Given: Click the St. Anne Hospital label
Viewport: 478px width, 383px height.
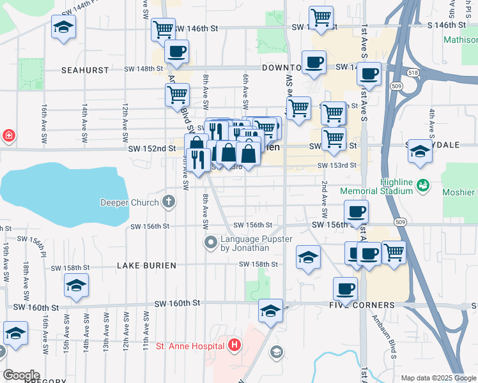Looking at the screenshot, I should pos(190,346).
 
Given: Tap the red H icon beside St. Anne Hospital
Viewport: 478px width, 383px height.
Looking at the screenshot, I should pos(235,346).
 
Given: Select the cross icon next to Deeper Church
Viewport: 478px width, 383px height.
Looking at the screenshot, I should pos(169,202).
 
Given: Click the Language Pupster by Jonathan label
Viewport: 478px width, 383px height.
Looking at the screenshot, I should pos(256,243).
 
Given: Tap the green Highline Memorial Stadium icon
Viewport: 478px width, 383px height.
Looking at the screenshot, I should pos(422,185).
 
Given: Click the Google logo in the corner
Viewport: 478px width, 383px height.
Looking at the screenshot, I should pos(21,375).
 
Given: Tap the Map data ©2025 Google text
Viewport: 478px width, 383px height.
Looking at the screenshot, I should pos(438,378).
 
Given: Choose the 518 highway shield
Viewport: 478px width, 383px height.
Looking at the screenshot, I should pos(413,73).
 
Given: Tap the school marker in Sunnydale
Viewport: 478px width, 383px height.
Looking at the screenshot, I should pos(420,152).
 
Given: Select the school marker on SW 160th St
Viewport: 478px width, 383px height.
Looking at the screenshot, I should pos(271,311).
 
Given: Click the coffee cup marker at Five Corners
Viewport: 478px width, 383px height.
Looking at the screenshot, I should pos(346,289).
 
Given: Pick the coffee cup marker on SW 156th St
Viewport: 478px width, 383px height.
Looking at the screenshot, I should pos(356,211).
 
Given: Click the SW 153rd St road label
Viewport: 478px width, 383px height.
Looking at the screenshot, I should pos(337,165).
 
